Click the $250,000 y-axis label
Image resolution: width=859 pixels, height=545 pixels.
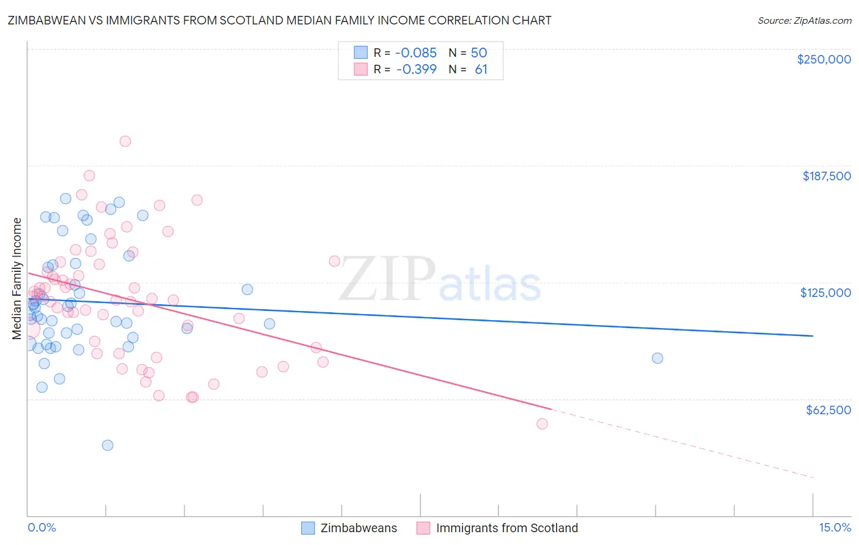pyautogui.click(x=824, y=59)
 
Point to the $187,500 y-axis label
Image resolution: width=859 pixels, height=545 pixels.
pyautogui.click(x=826, y=176)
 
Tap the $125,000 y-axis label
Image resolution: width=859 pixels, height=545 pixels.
pyautogui.click(x=825, y=293)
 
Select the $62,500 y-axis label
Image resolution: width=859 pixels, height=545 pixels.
pyautogui.click(x=828, y=410)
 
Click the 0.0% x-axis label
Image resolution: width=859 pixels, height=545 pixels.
pyautogui.click(x=42, y=528)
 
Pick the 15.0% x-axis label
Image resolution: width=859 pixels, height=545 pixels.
pyautogui.click(x=835, y=528)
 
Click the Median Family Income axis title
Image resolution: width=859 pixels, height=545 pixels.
pyautogui.click(x=17, y=279)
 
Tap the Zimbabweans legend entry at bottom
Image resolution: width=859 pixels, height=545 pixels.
pyautogui.click(x=358, y=529)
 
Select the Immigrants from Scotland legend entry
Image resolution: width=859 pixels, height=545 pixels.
pyautogui.click(x=506, y=529)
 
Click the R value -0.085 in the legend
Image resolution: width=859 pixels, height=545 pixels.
pyautogui.click(x=417, y=53)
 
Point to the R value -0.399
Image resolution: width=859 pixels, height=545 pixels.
pyautogui.click(x=417, y=70)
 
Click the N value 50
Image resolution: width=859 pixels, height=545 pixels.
pyautogui.click(x=479, y=53)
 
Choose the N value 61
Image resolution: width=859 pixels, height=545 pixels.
pyautogui.click(x=481, y=70)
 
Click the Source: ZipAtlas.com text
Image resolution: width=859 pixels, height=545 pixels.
pyautogui.click(x=804, y=21)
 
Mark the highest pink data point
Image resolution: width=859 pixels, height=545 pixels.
pyautogui.click(x=125, y=141)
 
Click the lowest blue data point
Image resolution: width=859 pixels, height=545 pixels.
pyautogui.click(x=108, y=445)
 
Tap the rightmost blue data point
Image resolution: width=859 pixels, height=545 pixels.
pyautogui.click(x=657, y=358)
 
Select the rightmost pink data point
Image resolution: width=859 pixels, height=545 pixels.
pyautogui.click(x=542, y=423)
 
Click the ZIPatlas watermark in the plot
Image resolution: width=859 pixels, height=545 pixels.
pyautogui.click(x=440, y=280)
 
